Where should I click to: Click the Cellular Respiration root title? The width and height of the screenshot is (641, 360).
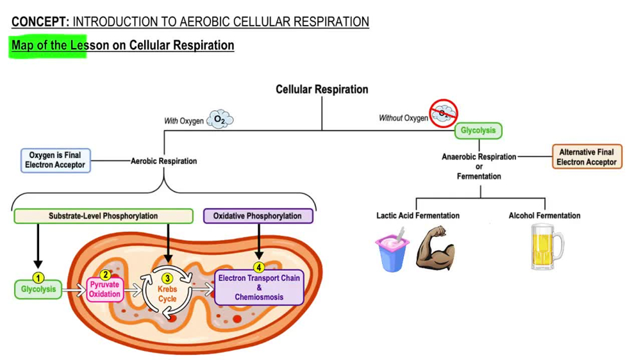[322, 90]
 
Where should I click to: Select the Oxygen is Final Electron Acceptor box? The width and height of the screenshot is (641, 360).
[55, 160]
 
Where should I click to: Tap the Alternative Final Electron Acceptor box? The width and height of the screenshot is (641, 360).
[587, 157]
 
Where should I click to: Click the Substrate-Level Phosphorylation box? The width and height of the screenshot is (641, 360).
[103, 216]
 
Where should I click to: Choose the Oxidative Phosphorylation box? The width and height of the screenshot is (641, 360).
[258, 216]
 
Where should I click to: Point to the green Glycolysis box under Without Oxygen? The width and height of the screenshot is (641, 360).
[478, 131]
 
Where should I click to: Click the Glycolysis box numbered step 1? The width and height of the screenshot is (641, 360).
[38, 290]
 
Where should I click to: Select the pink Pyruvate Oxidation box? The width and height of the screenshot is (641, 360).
[104, 290]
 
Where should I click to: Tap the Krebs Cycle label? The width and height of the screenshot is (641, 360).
[167, 294]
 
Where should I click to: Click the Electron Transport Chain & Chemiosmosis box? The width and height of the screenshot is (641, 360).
[258, 288]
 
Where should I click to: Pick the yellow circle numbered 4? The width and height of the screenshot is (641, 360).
[258, 267]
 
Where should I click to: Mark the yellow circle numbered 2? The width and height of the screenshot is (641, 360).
[106, 275]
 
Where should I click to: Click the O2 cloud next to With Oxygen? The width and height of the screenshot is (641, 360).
[220, 120]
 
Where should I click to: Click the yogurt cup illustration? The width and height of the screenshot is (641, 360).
[392, 251]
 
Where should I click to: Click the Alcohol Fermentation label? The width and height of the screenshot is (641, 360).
[544, 216]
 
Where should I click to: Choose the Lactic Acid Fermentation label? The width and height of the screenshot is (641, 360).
[417, 216]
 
